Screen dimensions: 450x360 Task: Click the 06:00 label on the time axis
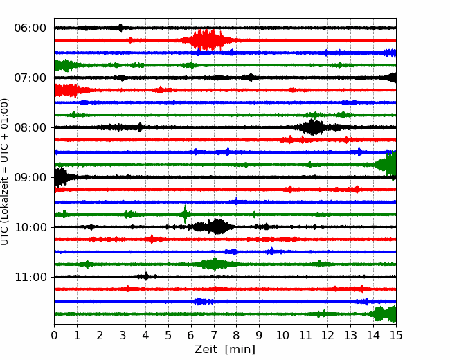30,28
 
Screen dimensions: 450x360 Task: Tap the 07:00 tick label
30,78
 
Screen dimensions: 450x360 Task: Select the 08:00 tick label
30,127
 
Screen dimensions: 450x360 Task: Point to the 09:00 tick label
30,177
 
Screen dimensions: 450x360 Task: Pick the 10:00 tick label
30,227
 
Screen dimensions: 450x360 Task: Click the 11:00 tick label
30,277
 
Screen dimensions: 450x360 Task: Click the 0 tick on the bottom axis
54,335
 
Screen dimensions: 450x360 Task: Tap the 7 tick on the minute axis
214,335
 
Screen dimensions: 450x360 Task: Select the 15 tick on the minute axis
396,335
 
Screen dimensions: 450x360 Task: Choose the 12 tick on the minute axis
327,335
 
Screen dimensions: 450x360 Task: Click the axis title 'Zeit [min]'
225,350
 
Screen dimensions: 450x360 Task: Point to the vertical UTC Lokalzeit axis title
4,172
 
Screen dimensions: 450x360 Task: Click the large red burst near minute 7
206,40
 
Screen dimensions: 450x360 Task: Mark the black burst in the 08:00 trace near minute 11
312,127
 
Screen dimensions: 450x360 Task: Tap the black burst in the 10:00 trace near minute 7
214,227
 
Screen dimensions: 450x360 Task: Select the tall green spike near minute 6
185,214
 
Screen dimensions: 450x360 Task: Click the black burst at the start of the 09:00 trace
61,177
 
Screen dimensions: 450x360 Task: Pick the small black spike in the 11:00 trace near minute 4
146,276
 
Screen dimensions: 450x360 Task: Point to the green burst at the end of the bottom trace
383,314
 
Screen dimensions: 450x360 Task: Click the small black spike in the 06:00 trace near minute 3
120,28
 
